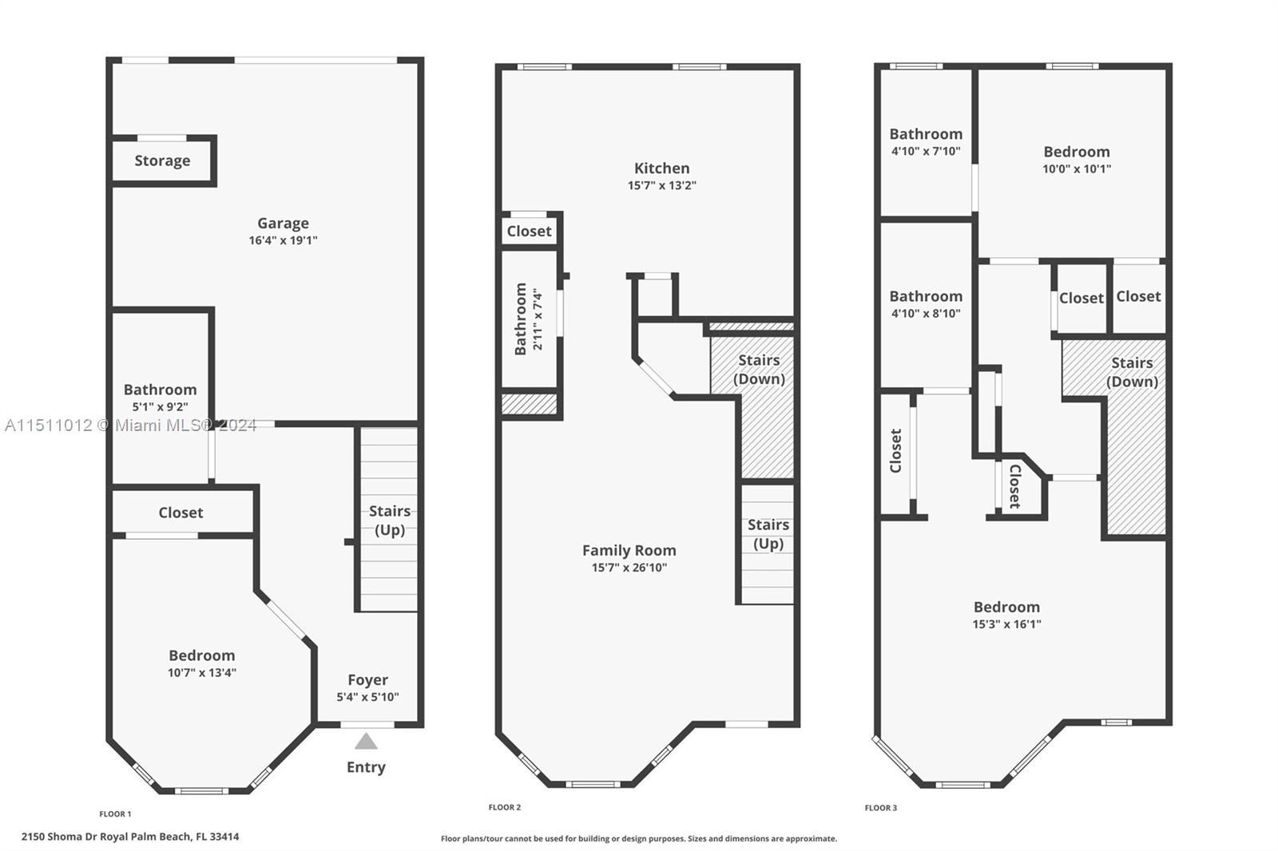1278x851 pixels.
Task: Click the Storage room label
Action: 162,160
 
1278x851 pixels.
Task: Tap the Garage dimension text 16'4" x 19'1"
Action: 283,240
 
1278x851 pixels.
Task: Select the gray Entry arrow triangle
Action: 366,742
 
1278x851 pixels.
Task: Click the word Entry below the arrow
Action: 367,767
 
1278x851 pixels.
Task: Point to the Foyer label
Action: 368,680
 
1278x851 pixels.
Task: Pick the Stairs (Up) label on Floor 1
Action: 390,520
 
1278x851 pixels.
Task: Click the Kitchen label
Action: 662,168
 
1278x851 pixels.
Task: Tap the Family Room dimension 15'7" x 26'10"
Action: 629,568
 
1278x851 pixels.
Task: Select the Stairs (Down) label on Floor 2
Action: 759,370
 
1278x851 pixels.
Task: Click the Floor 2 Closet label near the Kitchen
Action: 529,231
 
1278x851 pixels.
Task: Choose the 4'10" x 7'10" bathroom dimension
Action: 926,151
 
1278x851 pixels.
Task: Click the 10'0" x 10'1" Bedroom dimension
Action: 1077,168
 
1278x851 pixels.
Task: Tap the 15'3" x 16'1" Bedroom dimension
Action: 1006,624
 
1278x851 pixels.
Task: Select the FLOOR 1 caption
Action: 115,814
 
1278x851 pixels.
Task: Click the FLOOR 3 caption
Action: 881,808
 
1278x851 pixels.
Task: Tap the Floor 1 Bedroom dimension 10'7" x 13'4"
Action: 202,672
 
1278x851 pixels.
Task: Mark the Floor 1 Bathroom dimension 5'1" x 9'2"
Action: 160,406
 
